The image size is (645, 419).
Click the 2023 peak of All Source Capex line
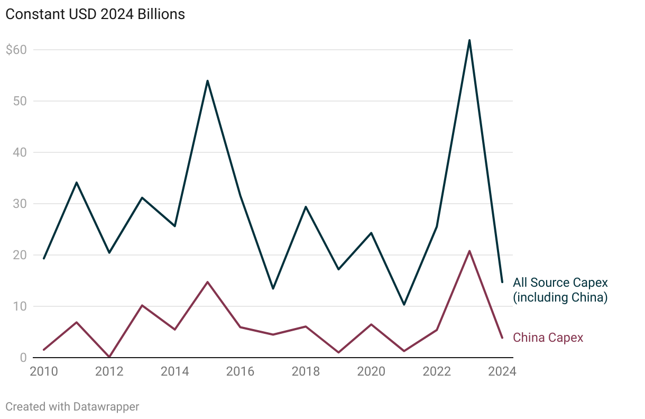[469, 40]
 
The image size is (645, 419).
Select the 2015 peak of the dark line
[207, 81]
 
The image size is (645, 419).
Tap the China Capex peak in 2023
[469, 251]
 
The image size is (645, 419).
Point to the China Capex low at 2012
[109, 357]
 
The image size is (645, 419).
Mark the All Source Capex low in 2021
[404, 305]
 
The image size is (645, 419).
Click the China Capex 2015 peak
[207, 282]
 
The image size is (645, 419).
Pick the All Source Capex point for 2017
[273, 288]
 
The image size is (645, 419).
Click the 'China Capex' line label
[548, 338]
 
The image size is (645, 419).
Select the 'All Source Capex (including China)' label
[560, 290]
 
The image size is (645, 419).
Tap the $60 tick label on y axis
[16, 50]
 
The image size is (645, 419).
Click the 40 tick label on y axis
[20, 152]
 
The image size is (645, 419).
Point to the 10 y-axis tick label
[20, 306]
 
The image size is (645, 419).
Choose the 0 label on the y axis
[23, 358]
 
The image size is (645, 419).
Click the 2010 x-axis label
[44, 371]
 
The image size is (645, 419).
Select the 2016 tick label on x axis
[240, 371]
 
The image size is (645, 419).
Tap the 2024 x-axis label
[502, 371]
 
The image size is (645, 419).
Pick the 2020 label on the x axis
[371, 371]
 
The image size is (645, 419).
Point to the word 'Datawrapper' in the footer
[106, 407]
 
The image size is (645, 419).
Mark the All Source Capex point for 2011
[77, 183]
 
